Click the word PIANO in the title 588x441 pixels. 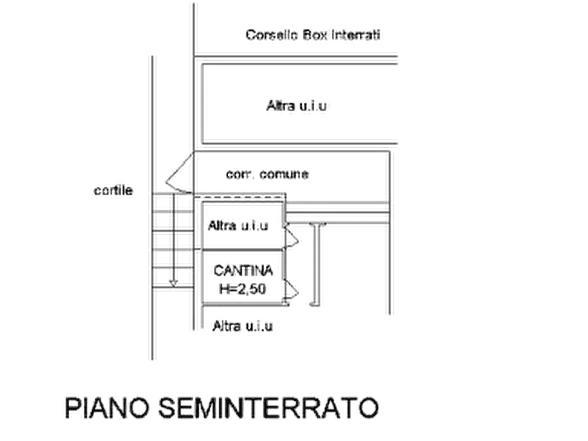[x=107, y=408]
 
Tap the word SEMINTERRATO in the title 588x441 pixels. [x=269, y=408]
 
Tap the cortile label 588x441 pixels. [x=113, y=190]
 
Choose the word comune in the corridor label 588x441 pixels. [x=284, y=174]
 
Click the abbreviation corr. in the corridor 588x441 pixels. [x=240, y=174]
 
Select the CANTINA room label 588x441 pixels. [x=243, y=271]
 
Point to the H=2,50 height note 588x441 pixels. [x=242, y=289]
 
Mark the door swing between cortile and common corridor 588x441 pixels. [x=180, y=173]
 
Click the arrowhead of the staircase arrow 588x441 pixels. [x=173, y=284]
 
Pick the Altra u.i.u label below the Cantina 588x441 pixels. [x=242, y=326]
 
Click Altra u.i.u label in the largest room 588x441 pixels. [x=296, y=106]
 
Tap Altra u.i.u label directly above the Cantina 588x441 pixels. [x=238, y=225]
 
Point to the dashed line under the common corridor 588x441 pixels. [x=239, y=195]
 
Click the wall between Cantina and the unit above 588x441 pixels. [x=242, y=249]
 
